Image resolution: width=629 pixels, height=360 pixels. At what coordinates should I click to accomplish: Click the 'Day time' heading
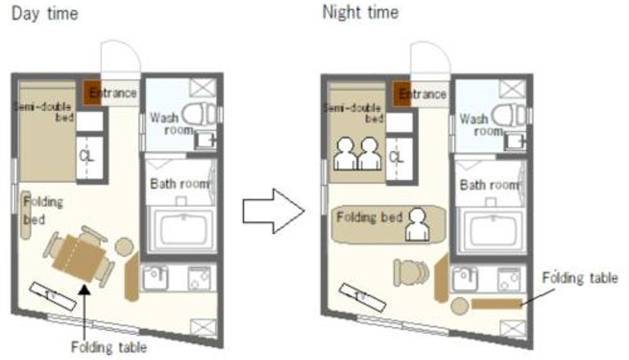point(45,14)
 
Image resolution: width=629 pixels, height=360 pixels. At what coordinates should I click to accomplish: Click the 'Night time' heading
point(360,13)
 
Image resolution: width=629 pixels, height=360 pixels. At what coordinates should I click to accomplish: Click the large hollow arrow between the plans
point(274,211)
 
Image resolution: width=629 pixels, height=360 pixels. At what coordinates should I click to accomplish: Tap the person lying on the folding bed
point(417,225)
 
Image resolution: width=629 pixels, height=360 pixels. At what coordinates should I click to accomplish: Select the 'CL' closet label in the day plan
point(86,156)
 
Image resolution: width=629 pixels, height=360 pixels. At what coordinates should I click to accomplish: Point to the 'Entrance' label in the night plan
point(423,94)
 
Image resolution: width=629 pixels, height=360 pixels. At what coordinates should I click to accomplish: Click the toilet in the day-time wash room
point(200,113)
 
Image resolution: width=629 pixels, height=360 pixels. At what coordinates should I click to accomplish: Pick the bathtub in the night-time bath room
point(492,230)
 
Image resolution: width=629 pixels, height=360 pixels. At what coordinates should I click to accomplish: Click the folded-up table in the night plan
point(497,303)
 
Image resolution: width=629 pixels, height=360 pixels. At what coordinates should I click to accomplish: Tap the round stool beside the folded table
point(460,306)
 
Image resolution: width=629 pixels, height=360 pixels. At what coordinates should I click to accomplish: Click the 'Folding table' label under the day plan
point(109,347)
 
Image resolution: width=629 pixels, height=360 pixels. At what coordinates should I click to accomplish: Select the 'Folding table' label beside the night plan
point(579,277)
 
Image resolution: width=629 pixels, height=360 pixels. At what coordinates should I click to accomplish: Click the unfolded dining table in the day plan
point(79,258)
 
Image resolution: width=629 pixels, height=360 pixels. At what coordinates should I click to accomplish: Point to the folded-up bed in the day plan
point(26,215)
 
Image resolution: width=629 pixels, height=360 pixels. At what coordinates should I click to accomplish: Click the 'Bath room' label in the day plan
point(180,184)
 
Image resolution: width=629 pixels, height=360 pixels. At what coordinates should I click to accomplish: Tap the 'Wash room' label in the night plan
point(479,125)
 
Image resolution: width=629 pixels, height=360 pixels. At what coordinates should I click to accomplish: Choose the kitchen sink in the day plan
point(156,277)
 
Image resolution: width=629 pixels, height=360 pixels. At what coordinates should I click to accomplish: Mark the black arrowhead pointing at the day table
point(84,289)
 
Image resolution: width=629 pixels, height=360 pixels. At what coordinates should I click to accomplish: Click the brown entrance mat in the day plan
point(92,93)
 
